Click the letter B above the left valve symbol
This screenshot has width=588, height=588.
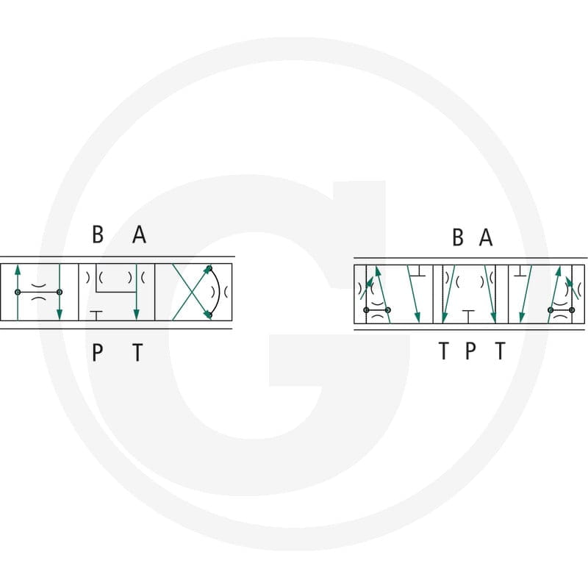[x=98, y=234]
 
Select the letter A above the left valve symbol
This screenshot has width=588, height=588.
[x=139, y=234]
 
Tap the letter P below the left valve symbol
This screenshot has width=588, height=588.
[x=97, y=353]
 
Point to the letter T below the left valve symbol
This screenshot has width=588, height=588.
[x=138, y=353]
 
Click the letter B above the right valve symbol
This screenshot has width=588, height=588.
[x=458, y=237]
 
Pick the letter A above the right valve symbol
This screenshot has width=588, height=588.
[x=486, y=237]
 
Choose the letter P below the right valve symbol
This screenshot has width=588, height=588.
[x=470, y=351]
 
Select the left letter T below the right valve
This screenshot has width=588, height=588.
[x=444, y=351]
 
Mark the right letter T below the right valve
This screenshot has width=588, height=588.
[x=501, y=351]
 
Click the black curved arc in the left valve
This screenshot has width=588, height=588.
[x=218, y=292]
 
